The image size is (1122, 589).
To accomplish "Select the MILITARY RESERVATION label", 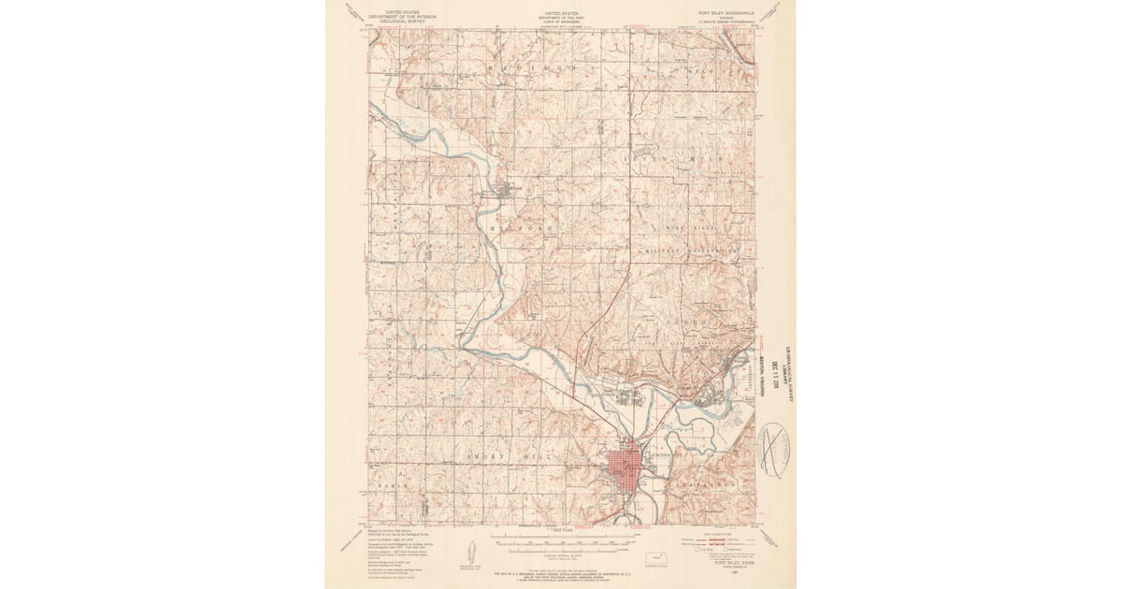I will [691, 252].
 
